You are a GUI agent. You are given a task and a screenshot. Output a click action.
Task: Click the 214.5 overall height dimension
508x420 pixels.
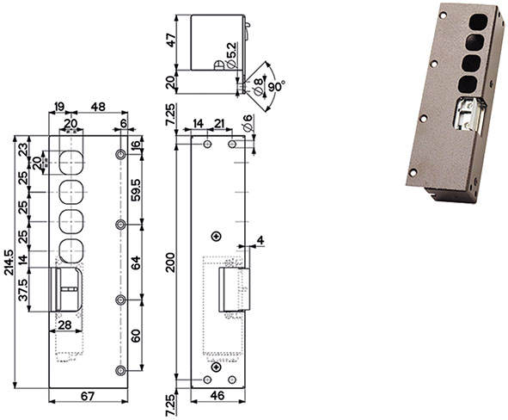(9, 262)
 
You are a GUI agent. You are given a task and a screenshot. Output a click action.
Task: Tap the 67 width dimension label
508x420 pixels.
(88, 396)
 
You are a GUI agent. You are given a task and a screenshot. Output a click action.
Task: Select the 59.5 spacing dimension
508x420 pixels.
(136, 189)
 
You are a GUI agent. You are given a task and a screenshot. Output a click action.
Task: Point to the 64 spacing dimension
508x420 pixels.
(136, 262)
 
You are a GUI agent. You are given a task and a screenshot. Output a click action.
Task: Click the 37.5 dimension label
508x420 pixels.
(23, 290)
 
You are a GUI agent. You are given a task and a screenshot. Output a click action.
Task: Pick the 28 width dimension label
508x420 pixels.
(64, 324)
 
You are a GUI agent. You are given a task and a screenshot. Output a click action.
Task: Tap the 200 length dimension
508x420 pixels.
(170, 262)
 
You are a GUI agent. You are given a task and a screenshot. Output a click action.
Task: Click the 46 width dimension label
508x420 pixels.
(217, 396)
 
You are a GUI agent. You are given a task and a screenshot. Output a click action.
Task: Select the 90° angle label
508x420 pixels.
(277, 86)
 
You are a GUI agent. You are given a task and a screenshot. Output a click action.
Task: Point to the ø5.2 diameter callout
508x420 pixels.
(232, 55)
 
